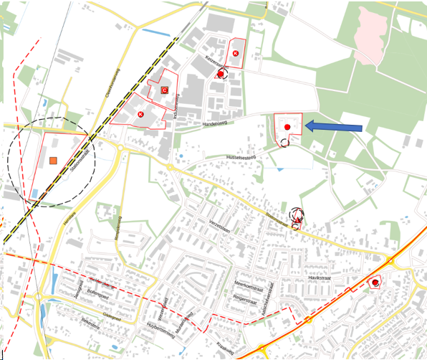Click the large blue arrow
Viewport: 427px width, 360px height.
pos(335,128)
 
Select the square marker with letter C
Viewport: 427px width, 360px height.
pos(164,90)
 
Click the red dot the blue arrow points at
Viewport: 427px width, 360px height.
pos(287,127)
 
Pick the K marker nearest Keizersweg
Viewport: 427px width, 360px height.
pos(236,53)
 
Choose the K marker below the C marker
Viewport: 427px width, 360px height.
pos(140,114)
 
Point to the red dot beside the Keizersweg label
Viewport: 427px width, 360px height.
pos(221,72)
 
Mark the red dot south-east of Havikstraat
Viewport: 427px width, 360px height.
pos(374,283)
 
